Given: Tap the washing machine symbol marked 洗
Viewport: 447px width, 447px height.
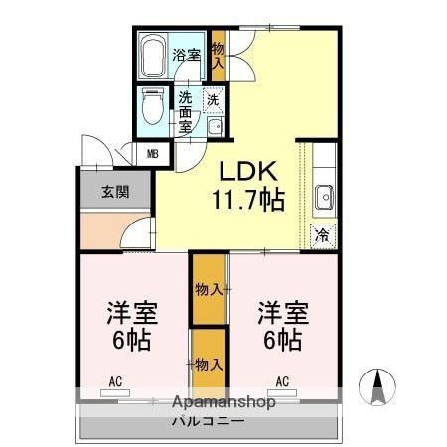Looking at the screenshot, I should pos(213,99).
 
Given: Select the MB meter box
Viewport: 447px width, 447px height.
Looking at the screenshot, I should pos(153,153).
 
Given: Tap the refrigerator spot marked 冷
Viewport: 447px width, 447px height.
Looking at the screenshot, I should pos(322,235).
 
